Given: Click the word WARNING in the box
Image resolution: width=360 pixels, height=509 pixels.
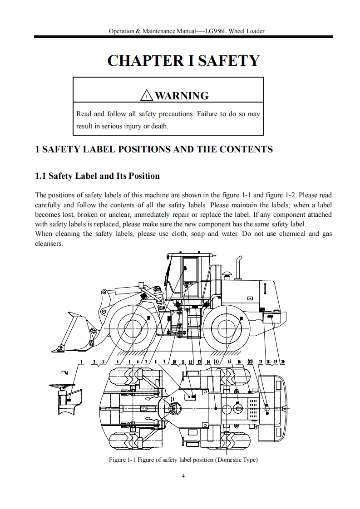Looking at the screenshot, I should [182, 96].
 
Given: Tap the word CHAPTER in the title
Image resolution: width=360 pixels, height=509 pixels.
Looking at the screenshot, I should [141, 60].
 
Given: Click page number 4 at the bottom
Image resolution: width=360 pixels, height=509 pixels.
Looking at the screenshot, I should [183, 476].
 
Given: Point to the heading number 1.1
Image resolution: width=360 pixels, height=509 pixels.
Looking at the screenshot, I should [41, 176].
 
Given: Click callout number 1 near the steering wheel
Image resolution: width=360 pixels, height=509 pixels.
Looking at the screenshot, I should [81, 362].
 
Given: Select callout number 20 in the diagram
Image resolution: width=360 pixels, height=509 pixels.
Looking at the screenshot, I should [283, 362].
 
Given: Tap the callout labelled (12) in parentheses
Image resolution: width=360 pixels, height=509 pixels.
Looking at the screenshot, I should [250, 362].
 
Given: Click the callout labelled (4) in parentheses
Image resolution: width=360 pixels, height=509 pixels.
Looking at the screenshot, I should [217, 362].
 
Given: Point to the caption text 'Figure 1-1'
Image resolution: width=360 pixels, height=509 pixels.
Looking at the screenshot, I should [123, 460].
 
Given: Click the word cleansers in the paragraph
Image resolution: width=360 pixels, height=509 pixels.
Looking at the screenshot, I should [49, 244].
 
